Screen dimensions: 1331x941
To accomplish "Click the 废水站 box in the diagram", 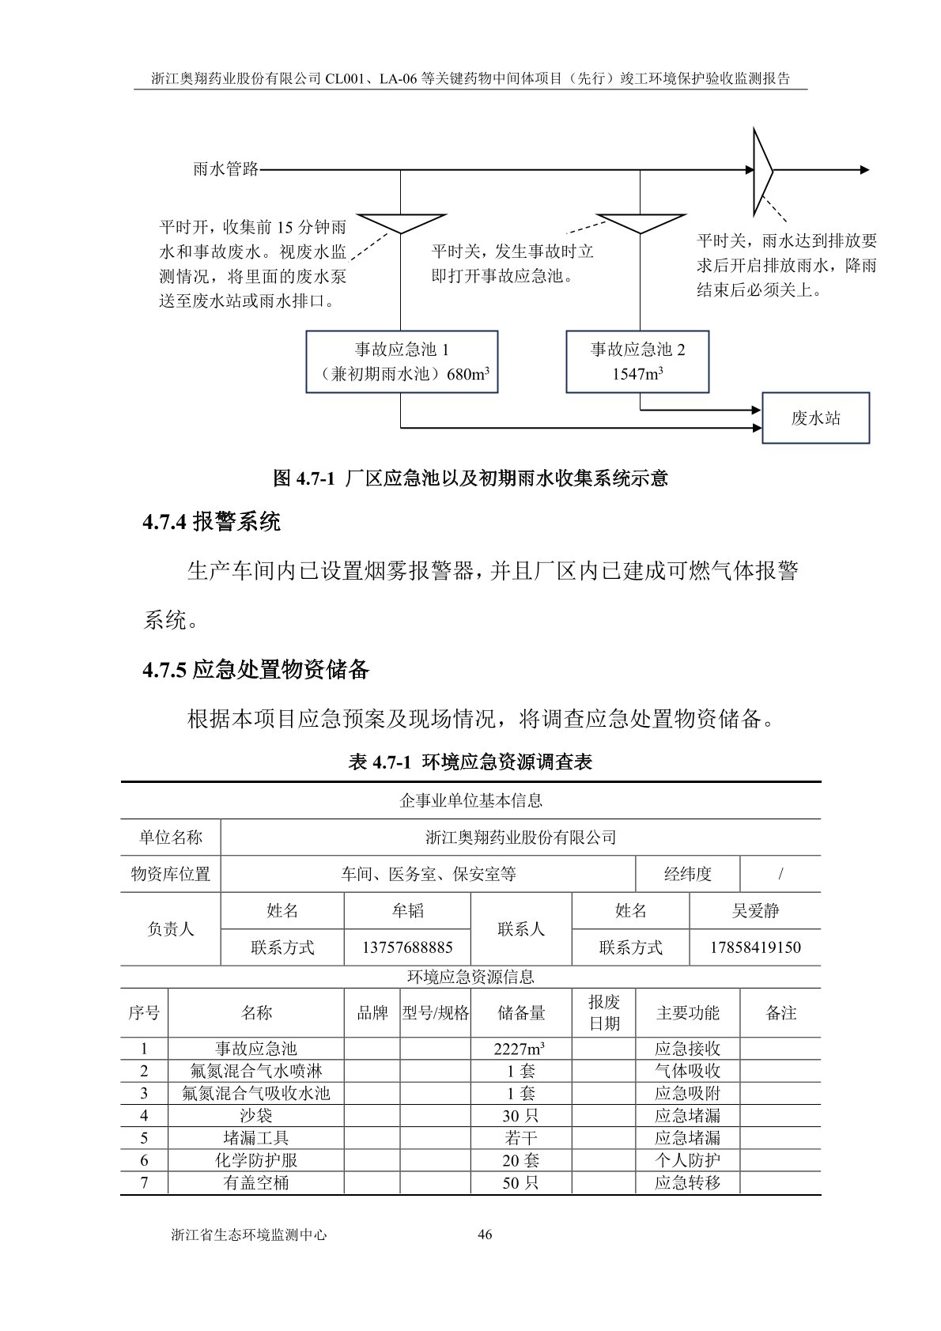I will point(815,418).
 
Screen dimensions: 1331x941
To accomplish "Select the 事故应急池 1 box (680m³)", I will point(402,361).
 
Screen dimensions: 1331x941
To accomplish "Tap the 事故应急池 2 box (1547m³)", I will point(637,361).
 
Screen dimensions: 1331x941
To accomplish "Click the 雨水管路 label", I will point(225,169).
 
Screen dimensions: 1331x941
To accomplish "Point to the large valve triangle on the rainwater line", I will point(761,170).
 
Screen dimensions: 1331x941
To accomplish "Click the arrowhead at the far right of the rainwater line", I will point(864,170).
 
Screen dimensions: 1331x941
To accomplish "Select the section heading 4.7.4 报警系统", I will point(211,521).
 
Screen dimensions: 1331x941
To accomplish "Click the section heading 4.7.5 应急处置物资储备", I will point(256,670).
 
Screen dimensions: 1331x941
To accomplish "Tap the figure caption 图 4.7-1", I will point(470,478).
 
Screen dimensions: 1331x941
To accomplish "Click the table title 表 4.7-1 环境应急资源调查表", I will point(470,762).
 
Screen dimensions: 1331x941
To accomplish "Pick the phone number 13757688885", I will point(407,947).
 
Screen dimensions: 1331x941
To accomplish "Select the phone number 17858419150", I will point(755,947).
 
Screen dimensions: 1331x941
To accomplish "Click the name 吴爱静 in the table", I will point(755,911).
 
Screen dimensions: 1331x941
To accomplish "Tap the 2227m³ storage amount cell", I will point(520,1049).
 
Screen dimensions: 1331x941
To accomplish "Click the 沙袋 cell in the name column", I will point(256,1116).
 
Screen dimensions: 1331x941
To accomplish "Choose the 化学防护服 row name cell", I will point(256,1160).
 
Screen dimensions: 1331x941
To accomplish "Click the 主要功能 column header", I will point(687,1013).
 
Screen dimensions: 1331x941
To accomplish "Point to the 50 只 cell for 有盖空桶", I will point(520,1182).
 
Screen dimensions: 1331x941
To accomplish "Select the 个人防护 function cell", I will point(687,1160).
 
